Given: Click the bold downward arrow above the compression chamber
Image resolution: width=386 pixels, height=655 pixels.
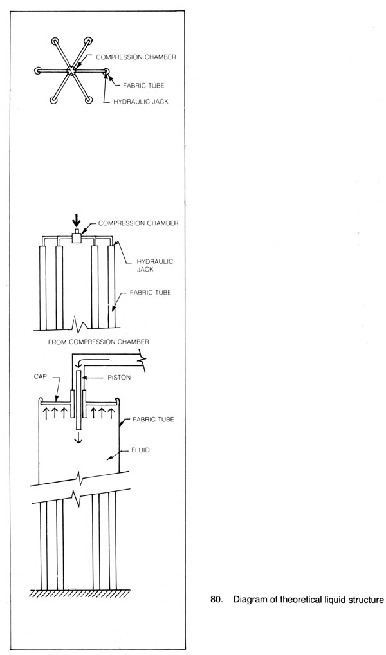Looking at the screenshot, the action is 76,220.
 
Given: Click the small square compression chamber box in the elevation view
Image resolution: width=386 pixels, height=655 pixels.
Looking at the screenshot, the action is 76,236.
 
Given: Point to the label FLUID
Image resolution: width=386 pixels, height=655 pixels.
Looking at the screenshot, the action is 140,450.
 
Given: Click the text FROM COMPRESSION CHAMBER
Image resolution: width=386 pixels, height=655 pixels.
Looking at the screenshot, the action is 98,342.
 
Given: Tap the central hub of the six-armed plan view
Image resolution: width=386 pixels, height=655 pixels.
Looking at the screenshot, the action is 71,71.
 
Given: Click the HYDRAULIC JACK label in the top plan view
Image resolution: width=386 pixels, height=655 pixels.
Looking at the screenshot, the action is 141,101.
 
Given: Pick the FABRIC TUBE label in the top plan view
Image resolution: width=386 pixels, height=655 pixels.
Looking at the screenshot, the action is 143,86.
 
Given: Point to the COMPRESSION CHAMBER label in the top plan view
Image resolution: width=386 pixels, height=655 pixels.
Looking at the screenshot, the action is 136,57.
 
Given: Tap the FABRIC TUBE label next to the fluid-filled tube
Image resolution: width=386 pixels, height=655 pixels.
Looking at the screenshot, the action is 153,419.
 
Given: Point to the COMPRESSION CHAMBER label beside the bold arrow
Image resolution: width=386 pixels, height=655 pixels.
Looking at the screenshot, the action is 138,223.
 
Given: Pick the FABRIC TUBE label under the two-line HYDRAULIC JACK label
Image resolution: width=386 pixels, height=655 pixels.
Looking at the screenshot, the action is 150,292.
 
